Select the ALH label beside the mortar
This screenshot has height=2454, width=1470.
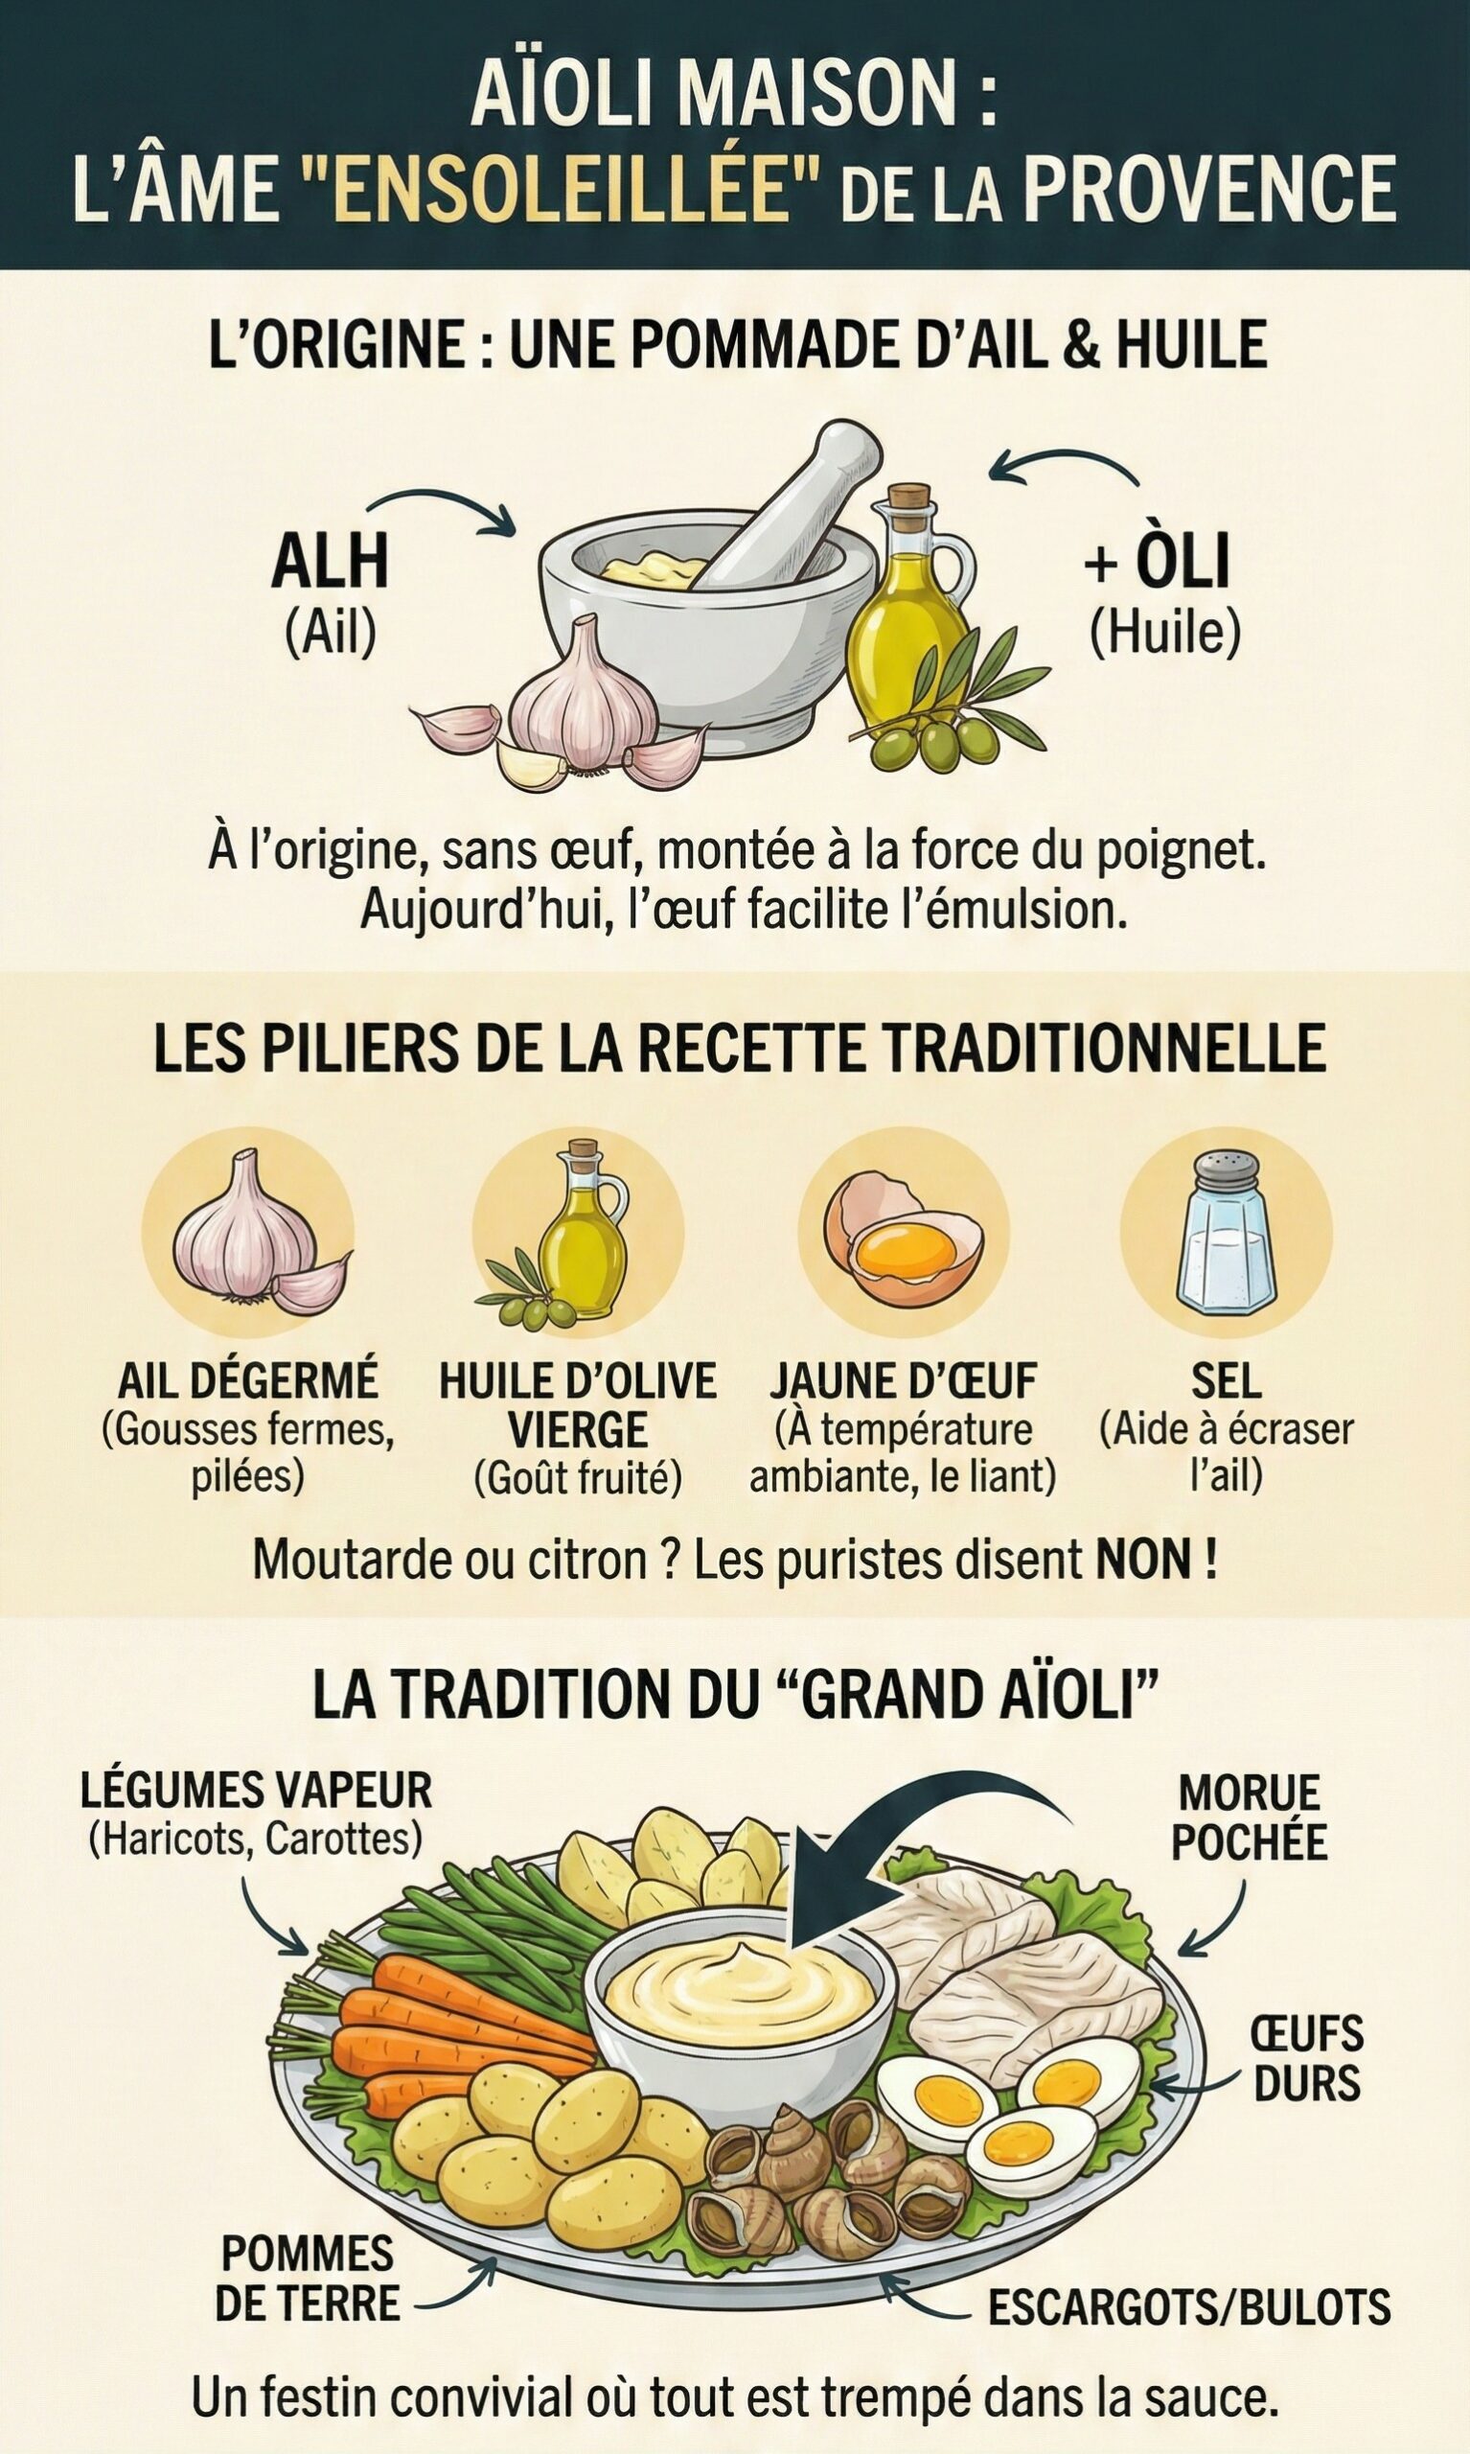(x=330, y=563)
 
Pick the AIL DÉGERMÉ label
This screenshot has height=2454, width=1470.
(x=247, y=1380)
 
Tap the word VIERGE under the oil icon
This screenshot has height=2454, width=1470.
(x=578, y=1428)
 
